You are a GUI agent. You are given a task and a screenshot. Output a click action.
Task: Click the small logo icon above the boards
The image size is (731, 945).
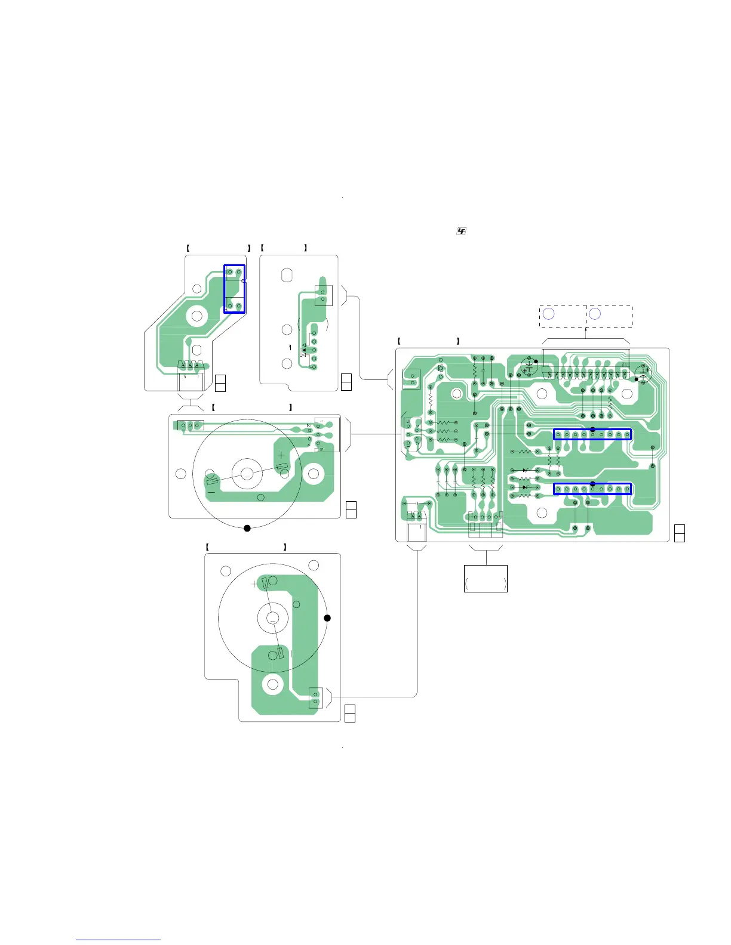pos(461,231)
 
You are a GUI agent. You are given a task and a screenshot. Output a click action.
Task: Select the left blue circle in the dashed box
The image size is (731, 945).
pos(548,314)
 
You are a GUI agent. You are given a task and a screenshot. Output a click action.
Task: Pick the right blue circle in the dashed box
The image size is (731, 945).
pos(595,314)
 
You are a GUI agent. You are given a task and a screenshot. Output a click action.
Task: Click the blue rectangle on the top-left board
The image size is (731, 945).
pos(234,289)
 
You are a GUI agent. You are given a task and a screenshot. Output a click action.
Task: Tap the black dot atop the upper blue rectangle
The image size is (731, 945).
pos(592,430)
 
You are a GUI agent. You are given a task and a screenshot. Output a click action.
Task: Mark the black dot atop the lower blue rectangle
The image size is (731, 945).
pos(592,484)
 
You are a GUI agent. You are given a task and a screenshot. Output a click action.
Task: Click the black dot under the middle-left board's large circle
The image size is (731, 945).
pos(247,528)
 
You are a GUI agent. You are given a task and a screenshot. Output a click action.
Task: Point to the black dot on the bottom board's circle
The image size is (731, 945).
pos(327,618)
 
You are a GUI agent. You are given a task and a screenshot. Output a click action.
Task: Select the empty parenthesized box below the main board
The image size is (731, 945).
pos(486,578)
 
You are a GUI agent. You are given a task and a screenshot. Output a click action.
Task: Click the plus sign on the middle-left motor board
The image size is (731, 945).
pos(281,455)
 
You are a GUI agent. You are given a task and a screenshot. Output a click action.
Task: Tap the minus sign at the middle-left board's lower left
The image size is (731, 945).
pos(211,492)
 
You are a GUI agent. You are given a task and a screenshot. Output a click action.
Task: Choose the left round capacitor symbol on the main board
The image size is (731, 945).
pos(529,366)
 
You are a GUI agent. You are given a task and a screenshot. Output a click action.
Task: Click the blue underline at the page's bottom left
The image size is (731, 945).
pos(118,940)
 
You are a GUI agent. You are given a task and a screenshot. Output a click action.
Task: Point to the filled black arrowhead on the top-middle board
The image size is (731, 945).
pos(304,350)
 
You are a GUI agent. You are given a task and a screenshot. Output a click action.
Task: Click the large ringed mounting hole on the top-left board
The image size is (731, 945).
pos(196,316)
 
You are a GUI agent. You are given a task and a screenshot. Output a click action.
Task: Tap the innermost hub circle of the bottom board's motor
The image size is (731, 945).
pos(272,619)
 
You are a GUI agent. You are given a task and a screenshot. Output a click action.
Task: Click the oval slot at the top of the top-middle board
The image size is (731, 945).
pos(287,275)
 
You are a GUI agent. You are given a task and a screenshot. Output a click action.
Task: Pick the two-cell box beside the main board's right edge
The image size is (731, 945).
pos(679,533)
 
